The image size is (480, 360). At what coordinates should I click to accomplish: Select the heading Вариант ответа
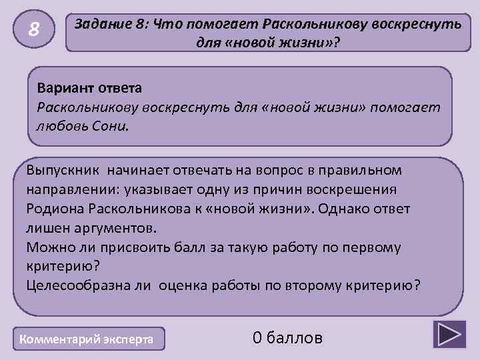[x=89, y=87]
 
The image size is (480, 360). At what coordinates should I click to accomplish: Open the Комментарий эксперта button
[x=88, y=339]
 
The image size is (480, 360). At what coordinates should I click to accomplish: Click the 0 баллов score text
[x=287, y=338]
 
